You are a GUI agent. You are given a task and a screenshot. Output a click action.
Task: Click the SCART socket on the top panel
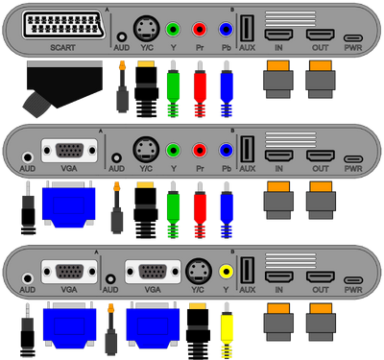click(64, 25)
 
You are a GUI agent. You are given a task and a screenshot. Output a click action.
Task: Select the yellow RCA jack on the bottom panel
click(227, 272)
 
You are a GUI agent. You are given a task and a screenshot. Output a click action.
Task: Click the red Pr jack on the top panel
click(200, 30)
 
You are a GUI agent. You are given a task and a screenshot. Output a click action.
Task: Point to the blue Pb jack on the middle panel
click(227, 150)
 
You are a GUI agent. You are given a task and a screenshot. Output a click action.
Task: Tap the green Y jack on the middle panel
click(173, 150)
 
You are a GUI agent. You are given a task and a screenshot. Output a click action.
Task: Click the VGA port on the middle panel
click(69, 151)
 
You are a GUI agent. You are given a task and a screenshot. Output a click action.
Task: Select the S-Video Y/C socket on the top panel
click(146, 29)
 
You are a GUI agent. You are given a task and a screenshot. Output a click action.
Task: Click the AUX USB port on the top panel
click(247, 29)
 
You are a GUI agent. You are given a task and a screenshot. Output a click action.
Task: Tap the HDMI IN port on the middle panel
click(278, 156)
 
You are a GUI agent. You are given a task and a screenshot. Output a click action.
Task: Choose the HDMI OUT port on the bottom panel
click(321, 276)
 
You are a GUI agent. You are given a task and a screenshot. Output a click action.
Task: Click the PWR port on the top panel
click(353, 38)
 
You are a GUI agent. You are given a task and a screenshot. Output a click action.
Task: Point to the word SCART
click(63, 48)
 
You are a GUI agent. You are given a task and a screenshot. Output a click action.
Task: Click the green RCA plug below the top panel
click(173, 89)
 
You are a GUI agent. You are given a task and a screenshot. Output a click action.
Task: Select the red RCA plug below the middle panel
click(200, 210)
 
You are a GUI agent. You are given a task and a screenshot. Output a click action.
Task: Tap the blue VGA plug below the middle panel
click(69, 204)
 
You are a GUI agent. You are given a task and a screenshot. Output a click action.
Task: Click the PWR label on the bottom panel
click(353, 290)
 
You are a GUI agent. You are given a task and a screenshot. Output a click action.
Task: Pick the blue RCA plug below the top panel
click(227, 89)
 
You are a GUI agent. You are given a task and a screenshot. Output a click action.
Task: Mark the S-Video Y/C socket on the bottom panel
click(199, 271)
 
